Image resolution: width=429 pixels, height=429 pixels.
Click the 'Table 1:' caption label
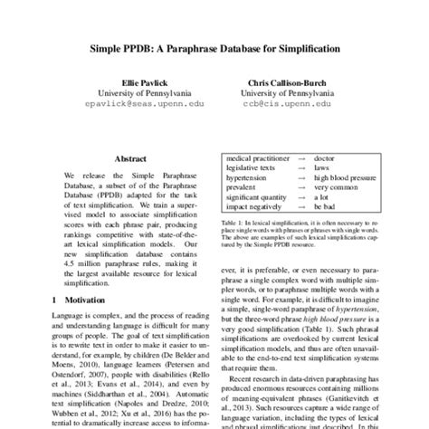[234, 223]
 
